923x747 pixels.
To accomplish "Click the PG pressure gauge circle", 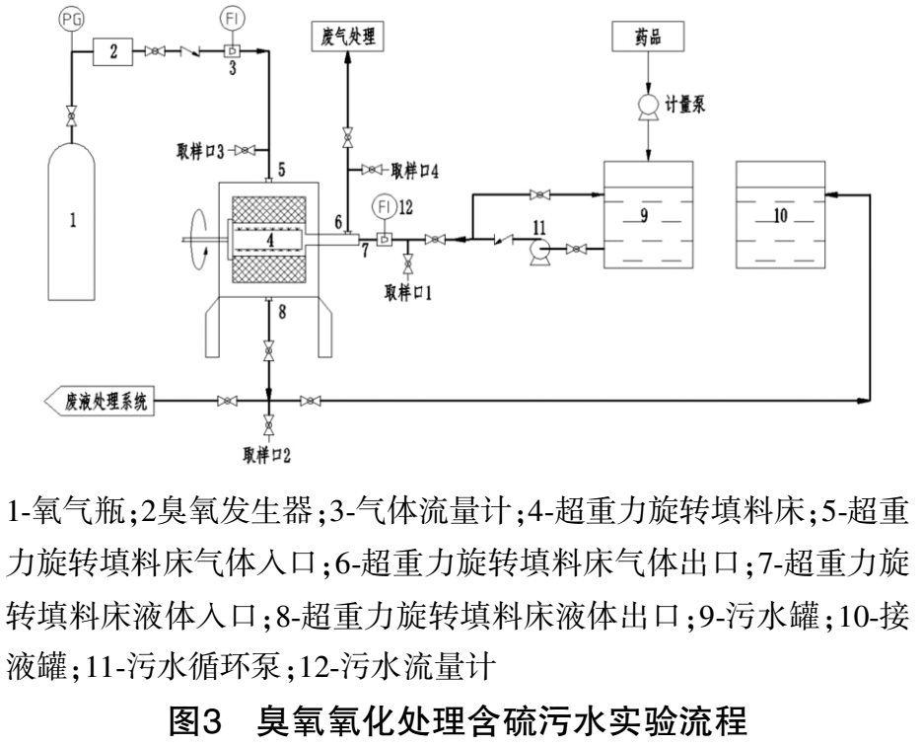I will (68, 17).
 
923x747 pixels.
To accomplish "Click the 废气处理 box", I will (347, 37).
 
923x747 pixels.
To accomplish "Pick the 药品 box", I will (648, 37).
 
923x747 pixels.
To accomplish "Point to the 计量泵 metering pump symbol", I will (649, 103).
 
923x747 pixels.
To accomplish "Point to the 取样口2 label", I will (268, 453).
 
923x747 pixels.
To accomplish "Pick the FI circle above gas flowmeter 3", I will (233, 17).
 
